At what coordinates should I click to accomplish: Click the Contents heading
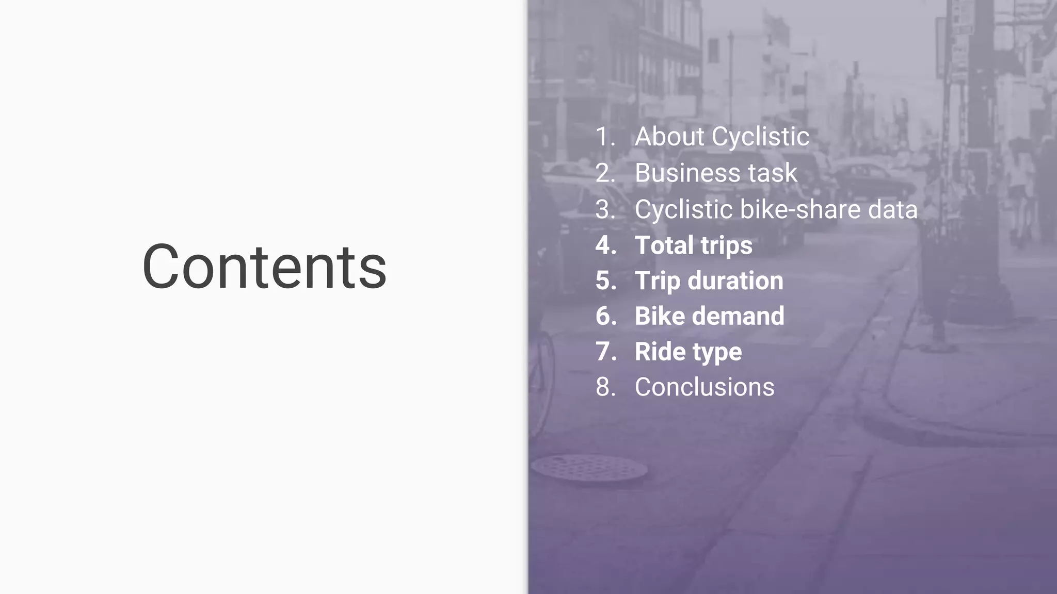pyautogui.click(x=264, y=267)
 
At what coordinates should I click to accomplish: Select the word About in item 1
pyautogui.click(x=669, y=137)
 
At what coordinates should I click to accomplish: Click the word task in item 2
pyautogui.click(x=773, y=173)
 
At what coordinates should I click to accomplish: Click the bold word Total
pyautogui.click(x=664, y=245)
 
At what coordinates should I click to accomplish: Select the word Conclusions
pyautogui.click(x=704, y=387)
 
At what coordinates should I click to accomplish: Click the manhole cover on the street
pyautogui.click(x=589, y=468)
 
